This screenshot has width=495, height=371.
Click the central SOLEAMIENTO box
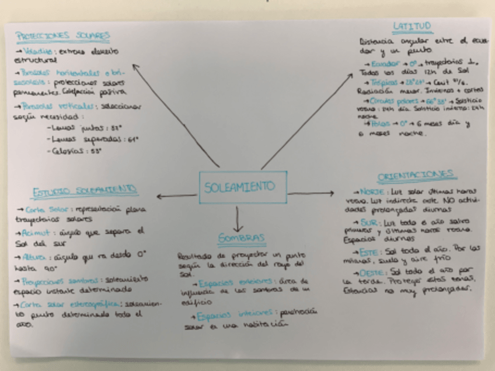242,187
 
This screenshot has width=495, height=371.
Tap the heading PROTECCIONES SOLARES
63,36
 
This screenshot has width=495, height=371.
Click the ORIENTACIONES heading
417,175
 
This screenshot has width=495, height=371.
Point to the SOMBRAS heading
241,238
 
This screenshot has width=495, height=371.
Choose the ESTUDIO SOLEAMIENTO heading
85,191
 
